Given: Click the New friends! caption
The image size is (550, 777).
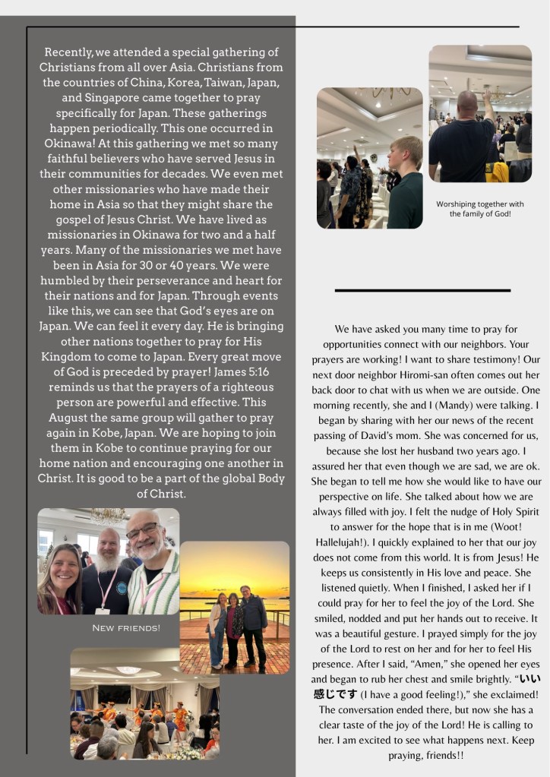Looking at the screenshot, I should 126,628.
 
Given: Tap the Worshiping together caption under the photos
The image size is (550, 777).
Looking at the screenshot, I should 479,209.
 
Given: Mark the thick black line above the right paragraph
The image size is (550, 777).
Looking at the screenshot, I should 422,290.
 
